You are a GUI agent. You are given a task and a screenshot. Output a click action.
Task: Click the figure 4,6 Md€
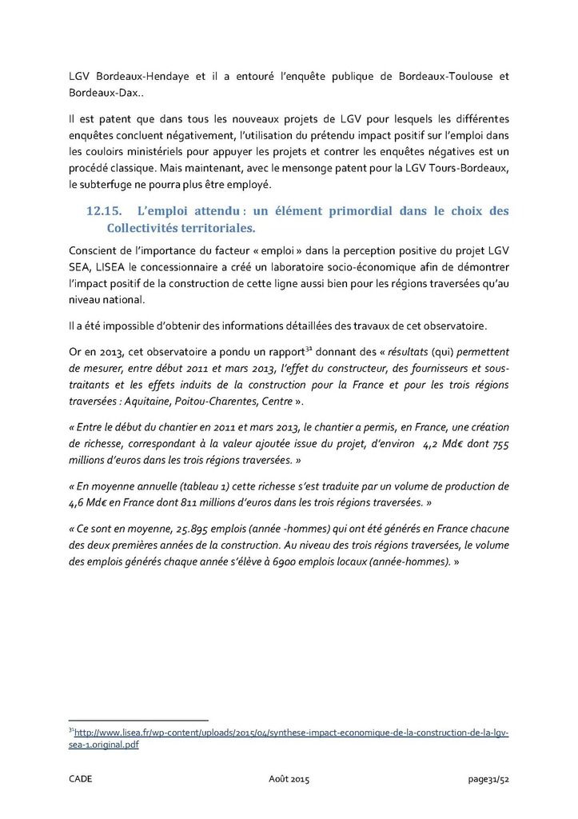(88, 501)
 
